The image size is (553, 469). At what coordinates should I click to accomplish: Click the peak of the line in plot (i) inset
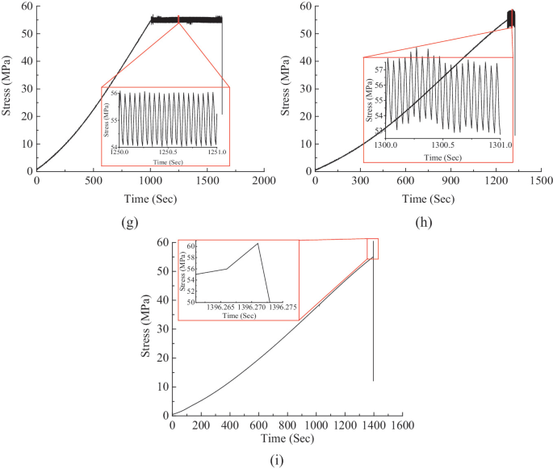tap(258, 244)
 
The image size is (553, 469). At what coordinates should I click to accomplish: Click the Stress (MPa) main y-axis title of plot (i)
tap(147, 328)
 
